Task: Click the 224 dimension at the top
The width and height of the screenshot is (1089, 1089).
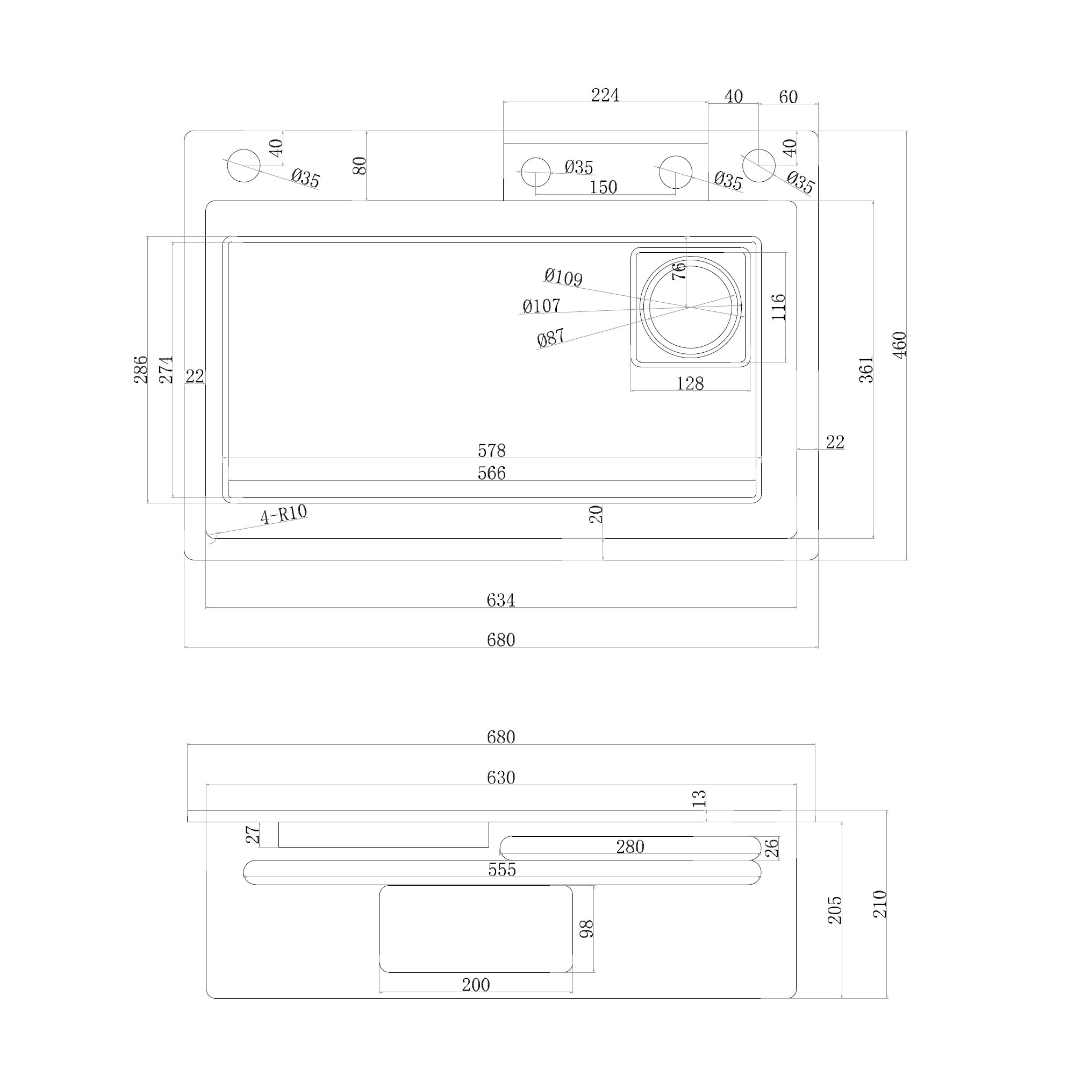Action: point(605,95)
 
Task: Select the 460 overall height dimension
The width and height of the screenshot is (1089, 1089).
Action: point(899,345)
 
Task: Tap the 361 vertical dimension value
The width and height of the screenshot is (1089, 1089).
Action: point(866,370)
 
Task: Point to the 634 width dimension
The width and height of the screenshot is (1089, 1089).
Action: point(500,600)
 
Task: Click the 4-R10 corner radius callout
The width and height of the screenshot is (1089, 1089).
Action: point(283,514)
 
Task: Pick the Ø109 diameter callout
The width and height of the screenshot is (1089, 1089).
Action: point(563,277)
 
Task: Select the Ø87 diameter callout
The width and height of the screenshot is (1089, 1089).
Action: point(551,337)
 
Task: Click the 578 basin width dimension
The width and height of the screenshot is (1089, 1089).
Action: point(491,450)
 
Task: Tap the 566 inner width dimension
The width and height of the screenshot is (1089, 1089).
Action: point(491,473)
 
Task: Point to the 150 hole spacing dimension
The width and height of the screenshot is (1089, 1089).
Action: point(603,187)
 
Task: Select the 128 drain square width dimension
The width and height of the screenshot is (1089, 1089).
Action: point(690,383)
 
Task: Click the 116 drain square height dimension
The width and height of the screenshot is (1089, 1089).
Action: point(778,307)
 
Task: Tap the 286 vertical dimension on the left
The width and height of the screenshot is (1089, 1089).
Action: point(140,369)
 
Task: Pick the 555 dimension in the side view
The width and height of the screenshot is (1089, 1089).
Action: point(501,869)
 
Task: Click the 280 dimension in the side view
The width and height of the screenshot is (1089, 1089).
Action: point(629,846)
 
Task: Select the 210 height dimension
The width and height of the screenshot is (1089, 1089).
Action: point(879,903)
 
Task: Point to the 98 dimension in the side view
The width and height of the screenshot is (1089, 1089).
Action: point(586,928)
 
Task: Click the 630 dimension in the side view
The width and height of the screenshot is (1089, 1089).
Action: point(500,777)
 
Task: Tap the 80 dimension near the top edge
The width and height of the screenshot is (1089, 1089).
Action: point(360,165)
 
